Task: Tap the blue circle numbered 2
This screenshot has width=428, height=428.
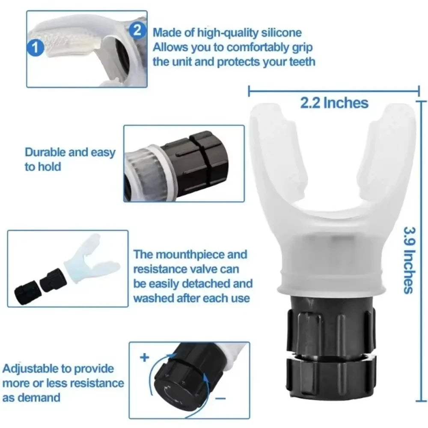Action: [x=137, y=30]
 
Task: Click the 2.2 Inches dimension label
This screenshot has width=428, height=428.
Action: [x=334, y=103]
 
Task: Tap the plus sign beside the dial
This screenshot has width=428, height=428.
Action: [x=144, y=358]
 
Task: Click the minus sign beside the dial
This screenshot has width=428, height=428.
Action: [x=221, y=398]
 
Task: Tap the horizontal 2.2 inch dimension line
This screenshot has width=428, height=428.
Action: [x=334, y=90]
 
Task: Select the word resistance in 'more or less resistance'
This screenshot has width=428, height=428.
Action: [x=95, y=383]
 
